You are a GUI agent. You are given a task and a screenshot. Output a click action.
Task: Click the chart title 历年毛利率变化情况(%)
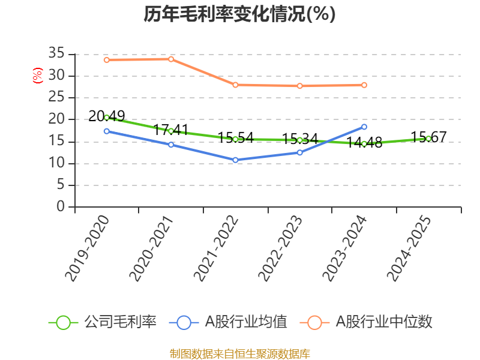pos(239,14)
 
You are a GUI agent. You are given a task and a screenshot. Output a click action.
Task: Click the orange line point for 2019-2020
pos(106,60)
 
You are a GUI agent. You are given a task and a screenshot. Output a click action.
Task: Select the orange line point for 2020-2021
pos(171,59)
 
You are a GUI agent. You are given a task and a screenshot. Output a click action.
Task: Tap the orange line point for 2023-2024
pos(364,85)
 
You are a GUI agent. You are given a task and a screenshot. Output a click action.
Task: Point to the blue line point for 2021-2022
pos(235,160)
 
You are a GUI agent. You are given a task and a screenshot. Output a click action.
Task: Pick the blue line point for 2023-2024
pos(364,127)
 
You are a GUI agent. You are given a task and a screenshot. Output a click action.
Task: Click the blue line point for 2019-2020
pos(106,131)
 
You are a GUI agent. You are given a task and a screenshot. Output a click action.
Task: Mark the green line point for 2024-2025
pos(428,139)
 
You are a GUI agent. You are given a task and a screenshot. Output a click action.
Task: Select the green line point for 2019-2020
pos(106,118)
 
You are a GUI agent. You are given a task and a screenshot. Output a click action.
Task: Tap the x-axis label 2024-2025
pos(409,248)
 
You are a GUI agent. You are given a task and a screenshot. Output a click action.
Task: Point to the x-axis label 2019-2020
pos(88,248)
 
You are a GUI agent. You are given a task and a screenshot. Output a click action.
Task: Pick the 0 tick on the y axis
pos(61,207)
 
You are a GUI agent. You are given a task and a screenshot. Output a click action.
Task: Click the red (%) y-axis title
pos(38,76)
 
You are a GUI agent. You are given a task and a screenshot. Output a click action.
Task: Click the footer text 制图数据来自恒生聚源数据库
pos(239,353)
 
